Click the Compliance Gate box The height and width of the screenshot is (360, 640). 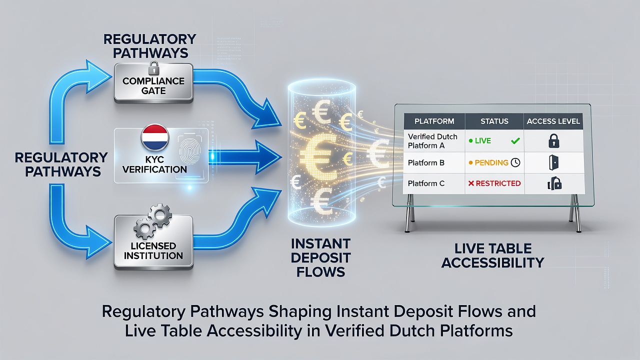click(x=153, y=83)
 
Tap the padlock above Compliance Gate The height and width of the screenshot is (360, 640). click(x=153, y=67)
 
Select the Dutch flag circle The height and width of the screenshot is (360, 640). click(x=155, y=137)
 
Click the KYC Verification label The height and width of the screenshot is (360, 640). click(x=154, y=164)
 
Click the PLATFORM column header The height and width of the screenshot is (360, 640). click(x=434, y=121)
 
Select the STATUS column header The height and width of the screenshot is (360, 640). click(x=494, y=121)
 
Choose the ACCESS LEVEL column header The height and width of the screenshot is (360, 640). click(x=553, y=121)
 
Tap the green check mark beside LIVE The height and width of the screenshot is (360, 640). click(x=515, y=140)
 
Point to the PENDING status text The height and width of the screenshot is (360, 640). click(x=491, y=163)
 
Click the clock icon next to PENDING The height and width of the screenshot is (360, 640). click(x=515, y=162)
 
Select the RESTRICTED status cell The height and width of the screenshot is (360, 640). click(x=494, y=183)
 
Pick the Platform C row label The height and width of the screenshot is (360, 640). click(x=426, y=183)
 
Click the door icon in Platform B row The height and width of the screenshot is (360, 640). click(x=553, y=162)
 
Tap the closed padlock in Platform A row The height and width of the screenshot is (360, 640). click(x=553, y=140)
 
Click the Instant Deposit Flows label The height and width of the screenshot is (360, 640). click(x=320, y=257)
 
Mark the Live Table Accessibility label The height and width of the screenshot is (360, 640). click(x=493, y=255)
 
